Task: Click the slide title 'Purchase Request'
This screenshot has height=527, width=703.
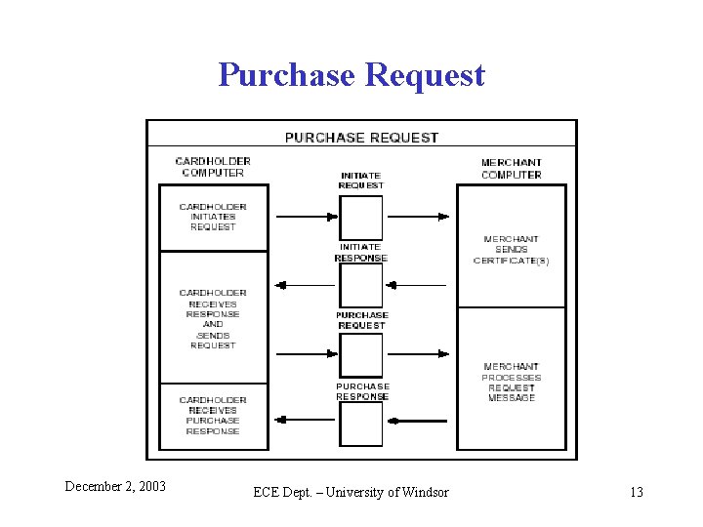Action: pos(351,74)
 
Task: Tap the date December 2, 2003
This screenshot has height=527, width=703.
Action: pos(115,486)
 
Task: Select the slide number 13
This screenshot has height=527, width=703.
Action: pos(637,492)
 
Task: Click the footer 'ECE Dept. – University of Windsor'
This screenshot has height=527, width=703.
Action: pos(351,492)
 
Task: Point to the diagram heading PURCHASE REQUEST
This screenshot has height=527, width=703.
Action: pos(361,138)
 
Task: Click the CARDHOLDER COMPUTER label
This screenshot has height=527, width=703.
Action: pos(213,167)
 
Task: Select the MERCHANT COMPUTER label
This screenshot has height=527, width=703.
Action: pos(512,169)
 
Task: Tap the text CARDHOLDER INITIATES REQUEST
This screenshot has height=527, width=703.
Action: pos(213,217)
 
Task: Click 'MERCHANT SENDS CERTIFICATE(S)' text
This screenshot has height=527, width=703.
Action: pos(512,250)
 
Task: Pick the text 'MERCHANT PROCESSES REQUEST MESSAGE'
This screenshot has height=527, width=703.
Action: pos(512,383)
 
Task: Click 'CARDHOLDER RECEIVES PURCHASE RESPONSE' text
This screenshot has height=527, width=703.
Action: pos(213,415)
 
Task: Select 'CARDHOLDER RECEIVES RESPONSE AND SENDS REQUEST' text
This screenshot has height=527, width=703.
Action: pos(213,319)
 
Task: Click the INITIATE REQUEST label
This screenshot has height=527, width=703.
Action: pos(361,180)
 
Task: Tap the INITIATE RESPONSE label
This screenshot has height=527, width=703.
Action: pos(361,253)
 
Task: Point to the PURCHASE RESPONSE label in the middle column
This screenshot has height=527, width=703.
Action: pos(362,391)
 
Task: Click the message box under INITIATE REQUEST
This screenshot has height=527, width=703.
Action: pos(361,217)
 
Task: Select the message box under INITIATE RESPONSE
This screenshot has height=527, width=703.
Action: pos(361,286)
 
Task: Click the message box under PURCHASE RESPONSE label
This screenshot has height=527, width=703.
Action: pos(361,424)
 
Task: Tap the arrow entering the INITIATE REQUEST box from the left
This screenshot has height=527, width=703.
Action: pos(307,217)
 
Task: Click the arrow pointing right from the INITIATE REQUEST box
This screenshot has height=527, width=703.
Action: pos(418,217)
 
